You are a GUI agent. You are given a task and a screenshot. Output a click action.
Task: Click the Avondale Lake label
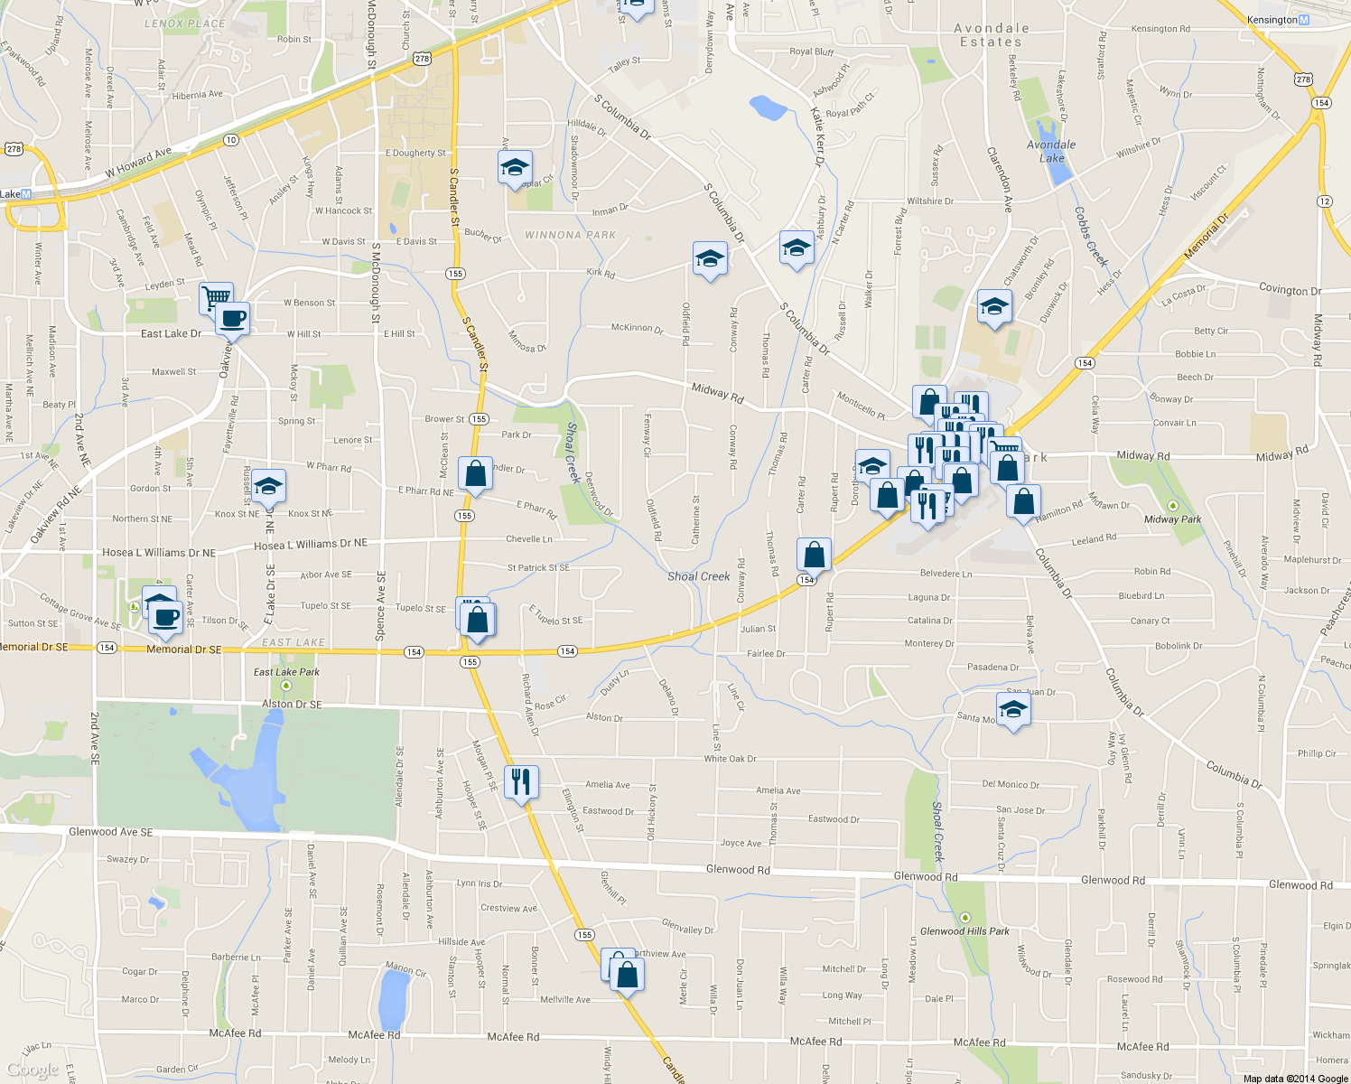click(x=1051, y=151)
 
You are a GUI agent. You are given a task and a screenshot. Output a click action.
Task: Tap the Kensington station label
click(x=1272, y=20)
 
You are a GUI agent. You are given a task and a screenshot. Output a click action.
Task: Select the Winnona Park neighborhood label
click(x=570, y=235)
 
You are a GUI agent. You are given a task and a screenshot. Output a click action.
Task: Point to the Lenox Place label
click(x=185, y=23)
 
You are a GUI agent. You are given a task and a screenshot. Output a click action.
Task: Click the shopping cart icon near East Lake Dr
click(x=216, y=297)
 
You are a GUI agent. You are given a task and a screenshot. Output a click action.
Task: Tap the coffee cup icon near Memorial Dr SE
click(x=166, y=618)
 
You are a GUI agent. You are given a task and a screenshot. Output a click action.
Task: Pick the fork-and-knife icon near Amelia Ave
click(x=521, y=780)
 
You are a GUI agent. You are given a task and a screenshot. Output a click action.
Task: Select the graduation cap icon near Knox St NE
click(x=268, y=486)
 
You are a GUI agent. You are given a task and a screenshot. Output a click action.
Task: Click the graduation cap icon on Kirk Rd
click(x=710, y=258)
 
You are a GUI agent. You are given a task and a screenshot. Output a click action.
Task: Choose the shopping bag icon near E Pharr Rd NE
click(x=475, y=473)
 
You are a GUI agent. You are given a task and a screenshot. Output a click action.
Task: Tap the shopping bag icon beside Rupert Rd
click(x=814, y=554)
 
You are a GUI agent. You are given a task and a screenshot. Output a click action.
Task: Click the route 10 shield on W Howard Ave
click(x=231, y=139)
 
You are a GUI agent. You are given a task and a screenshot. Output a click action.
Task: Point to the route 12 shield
click(x=1324, y=201)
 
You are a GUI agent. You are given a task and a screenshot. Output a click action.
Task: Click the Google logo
click(x=33, y=1070)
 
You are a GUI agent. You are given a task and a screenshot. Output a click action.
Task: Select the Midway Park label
click(x=1172, y=519)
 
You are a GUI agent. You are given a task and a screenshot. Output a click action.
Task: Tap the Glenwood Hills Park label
click(x=964, y=931)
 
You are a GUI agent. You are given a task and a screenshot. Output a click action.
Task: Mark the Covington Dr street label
click(x=1290, y=290)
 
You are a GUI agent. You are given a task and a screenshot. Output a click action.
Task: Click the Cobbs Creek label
click(x=1090, y=237)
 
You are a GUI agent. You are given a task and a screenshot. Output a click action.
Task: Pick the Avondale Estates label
click(x=991, y=35)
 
